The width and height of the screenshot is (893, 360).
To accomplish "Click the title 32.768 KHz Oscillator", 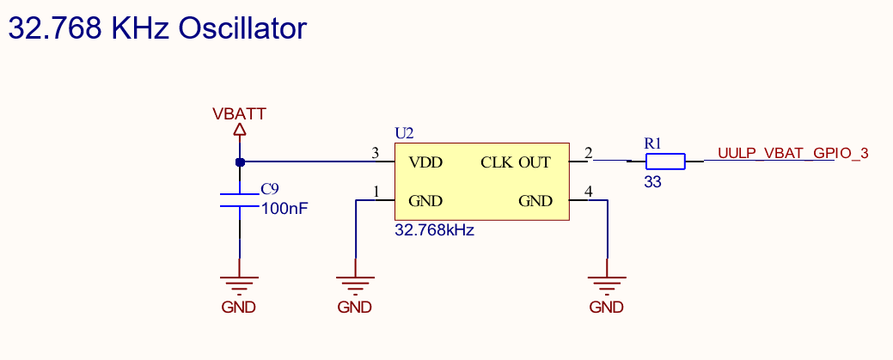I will coord(157,28).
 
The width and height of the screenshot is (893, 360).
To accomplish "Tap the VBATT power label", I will coord(240,113).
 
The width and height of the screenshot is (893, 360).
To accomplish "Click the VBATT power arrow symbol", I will coord(240,130).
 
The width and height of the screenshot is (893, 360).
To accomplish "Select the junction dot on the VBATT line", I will coord(240,162).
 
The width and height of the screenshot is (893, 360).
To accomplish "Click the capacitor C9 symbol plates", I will coord(240,200).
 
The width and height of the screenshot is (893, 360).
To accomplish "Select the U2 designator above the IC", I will coord(404,133).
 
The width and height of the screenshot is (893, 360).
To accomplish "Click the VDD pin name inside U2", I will coord(425,162).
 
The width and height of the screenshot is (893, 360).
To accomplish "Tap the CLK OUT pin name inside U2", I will coord(516,162).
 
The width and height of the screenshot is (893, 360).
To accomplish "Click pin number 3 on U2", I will coord(375,154).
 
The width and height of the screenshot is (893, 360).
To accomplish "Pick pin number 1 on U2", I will coord(376,192).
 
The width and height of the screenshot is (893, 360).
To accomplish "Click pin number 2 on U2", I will coord(589,154).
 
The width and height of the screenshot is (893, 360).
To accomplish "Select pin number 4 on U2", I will coord(589,192).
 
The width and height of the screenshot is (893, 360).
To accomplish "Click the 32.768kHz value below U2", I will coord(434,230).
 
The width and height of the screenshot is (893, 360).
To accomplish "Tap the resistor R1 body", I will coord(665,162).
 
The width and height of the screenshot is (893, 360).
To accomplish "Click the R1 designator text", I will coord(653,143).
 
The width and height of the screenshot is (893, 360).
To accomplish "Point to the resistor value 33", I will coord(652,182).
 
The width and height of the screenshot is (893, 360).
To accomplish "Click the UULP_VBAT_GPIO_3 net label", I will coord(792,154).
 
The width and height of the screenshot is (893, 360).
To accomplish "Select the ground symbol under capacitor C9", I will coord(240,284).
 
